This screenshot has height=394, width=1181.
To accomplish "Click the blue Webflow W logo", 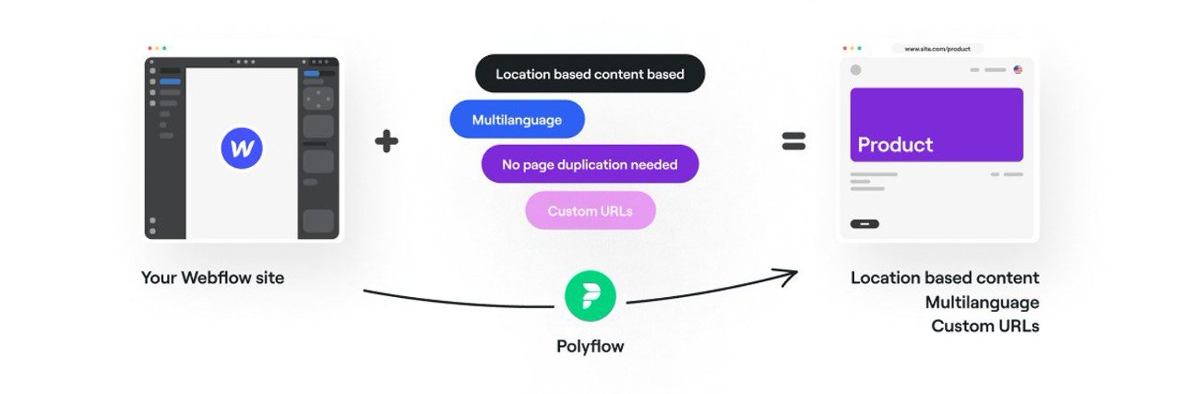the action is pos(242,148).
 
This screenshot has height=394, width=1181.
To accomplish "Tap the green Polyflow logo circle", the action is pos(590,296).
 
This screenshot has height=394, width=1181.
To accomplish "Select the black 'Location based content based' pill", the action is pos(590,73).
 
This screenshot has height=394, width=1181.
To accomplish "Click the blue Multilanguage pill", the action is pos(517,119).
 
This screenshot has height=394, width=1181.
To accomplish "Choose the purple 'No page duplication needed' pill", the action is pos(590,164).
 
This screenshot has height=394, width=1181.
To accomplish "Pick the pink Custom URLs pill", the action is pos(590,210).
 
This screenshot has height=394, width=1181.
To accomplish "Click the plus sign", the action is pos(387,141).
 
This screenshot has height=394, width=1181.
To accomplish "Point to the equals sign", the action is pos(794,141).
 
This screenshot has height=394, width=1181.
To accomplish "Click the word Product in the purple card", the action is pos(895,144).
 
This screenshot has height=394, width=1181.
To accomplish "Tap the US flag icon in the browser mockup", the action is pos(1018,69).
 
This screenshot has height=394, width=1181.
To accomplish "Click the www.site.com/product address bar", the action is pos(938,49).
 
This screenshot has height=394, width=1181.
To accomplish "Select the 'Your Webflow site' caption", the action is pos(213,277).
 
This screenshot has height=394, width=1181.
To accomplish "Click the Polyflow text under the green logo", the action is pos(590,346).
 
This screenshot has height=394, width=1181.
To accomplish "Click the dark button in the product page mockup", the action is pos(864,224).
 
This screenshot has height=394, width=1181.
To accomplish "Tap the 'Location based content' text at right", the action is pos(945,277).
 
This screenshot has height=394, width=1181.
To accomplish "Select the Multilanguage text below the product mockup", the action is pos(983,303).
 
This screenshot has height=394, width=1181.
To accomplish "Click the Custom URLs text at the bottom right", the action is pos(986,326).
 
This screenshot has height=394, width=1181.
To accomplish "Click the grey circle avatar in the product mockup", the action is pos(856,69).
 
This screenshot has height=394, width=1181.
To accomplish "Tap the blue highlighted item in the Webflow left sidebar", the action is pos(170,82).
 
